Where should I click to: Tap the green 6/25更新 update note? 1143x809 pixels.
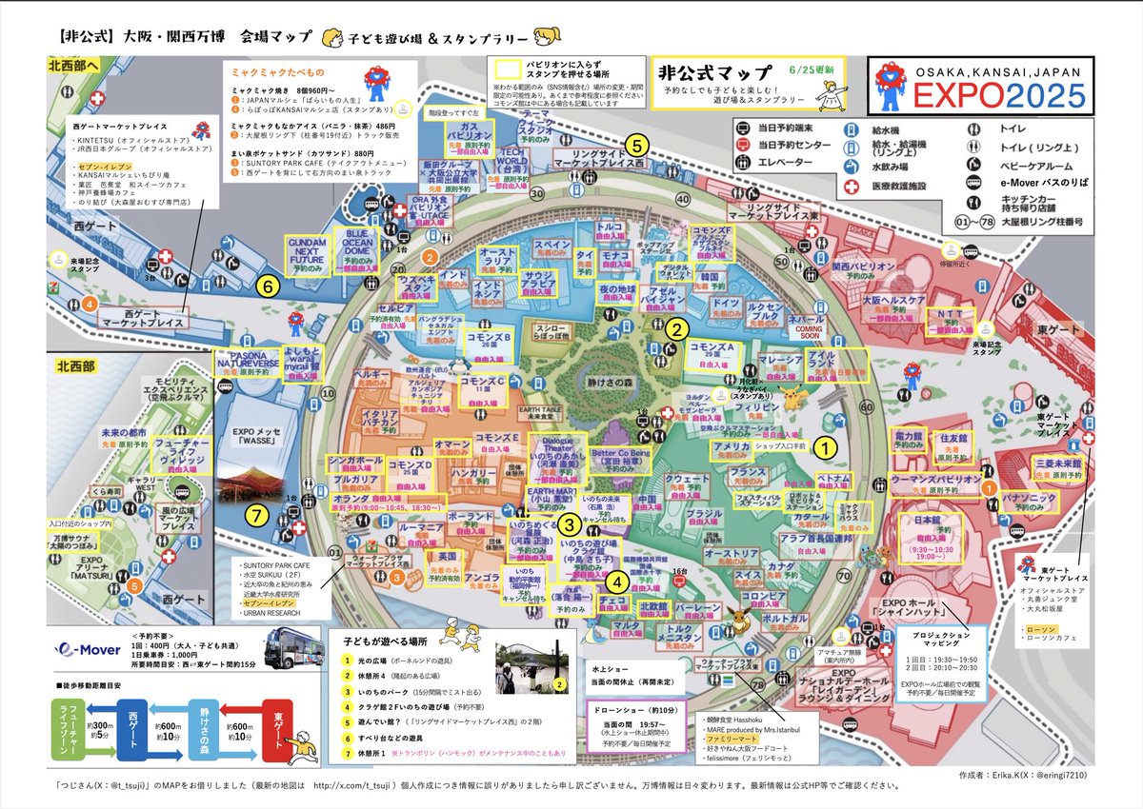pos(811,70)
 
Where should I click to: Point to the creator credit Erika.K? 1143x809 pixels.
pos(1014,776)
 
